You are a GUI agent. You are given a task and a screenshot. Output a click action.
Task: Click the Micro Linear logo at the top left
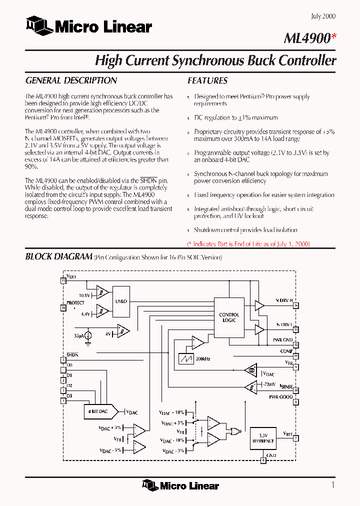pos(88,26)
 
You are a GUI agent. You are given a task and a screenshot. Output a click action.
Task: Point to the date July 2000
pos(323,16)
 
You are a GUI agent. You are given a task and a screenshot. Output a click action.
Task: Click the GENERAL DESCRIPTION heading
pos(71,80)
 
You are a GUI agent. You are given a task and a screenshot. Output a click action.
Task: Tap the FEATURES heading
pos(207,80)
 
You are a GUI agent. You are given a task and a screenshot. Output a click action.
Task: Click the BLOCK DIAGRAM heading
pos(58,256)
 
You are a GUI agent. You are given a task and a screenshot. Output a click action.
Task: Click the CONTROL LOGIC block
pos(229,317)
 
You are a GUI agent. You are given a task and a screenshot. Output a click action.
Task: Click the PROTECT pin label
pos(75,303)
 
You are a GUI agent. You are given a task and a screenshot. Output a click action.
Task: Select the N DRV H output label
pos(283,300)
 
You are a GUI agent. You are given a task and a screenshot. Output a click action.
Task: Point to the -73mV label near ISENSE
pos(269,384)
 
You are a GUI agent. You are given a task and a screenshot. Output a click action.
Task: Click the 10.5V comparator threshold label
pos(83,295)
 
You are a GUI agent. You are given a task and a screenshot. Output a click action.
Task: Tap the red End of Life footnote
pos(248,244)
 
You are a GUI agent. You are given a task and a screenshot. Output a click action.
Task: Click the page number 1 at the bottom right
pos(332,484)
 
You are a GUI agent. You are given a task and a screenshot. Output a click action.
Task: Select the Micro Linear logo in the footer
pos(180,485)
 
